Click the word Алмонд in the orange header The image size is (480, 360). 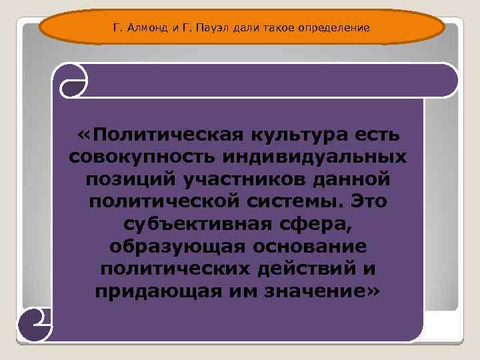point(144,28)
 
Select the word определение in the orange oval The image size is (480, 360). point(327,28)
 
